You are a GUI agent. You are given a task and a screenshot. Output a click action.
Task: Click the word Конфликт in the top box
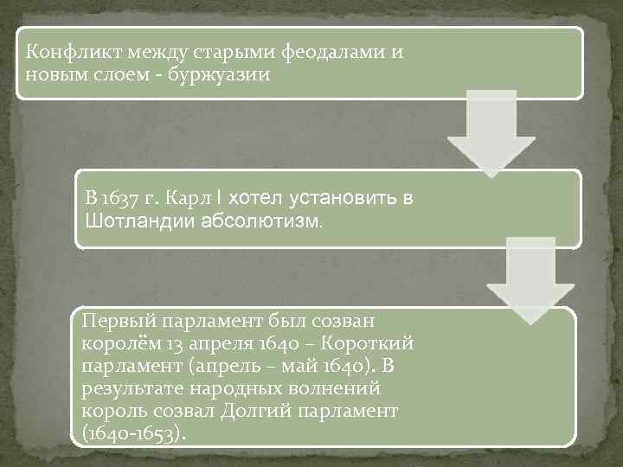click(63, 52)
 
